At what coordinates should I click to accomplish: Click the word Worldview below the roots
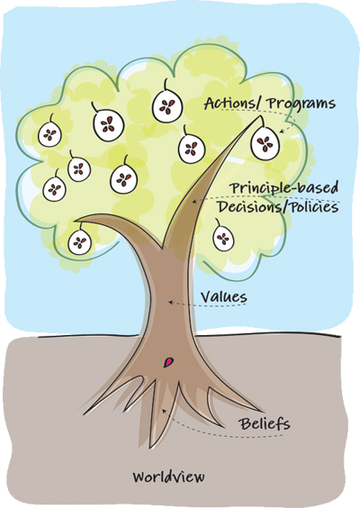pos(169,476)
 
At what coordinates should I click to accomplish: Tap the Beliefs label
pos(265,423)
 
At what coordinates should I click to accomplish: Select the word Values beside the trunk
pos(224,297)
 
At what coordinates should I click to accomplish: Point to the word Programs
pos(301,104)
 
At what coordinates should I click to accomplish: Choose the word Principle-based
pos(283,187)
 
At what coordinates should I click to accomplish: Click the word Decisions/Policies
pos(278,206)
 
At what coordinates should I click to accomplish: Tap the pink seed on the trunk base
pos(168,362)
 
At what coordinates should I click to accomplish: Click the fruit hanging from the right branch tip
pos(265,143)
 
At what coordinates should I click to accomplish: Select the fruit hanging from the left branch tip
pos(79,241)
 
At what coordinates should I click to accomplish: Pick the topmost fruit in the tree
pos(167,105)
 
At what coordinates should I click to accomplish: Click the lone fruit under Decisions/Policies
pos(223,239)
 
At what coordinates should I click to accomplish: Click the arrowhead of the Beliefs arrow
pos(165,412)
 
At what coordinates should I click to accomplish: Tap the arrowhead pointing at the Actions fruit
pos(282,131)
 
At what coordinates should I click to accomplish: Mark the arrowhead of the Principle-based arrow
pos(194,202)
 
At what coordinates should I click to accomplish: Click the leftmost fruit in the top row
pos(49,135)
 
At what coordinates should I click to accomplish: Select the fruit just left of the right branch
pos(192,148)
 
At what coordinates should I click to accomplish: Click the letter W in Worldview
pos(139,476)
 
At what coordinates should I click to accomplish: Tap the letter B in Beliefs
pos(244,423)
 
